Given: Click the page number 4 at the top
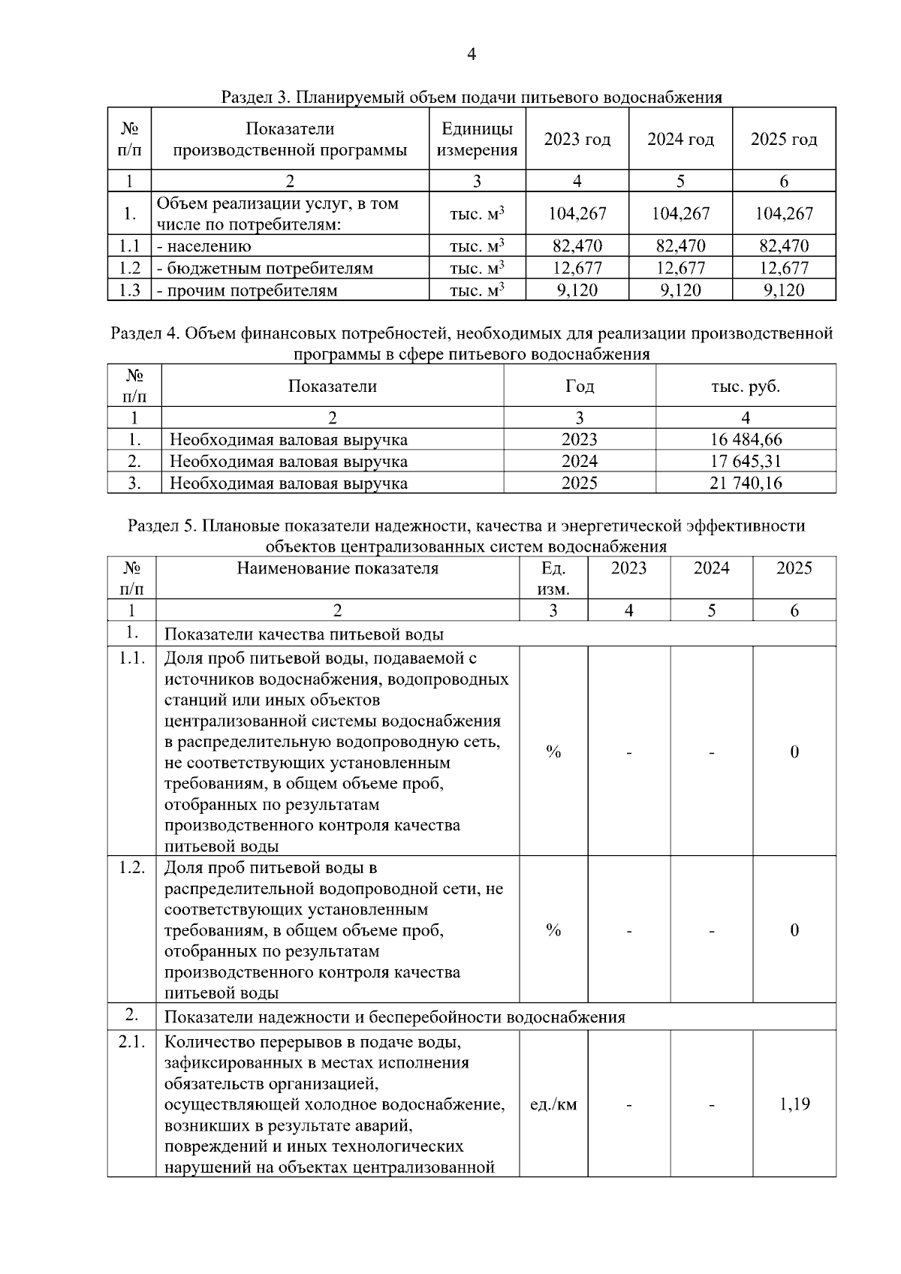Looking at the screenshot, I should [471, 54].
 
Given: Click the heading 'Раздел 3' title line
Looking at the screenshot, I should [471, 97].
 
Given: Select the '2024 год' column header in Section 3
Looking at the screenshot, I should [680, 140].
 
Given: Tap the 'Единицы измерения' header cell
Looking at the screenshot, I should [477, 140].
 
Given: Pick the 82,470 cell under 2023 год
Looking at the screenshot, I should [577, 245].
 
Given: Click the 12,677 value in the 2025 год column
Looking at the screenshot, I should [784, 268].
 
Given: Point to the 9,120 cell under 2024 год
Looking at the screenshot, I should [680, 291].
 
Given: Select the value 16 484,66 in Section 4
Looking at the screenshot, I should [746, 439].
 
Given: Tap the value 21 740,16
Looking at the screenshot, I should [746, 483].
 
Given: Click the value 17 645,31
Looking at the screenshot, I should [746, 461].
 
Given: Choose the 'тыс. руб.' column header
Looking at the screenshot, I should [746, 387].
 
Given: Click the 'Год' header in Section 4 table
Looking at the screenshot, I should [579, 387].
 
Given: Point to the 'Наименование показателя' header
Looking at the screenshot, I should [337, 568].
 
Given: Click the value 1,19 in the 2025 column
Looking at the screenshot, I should [794, 1104].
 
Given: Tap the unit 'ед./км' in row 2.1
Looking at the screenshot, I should [553, 1104].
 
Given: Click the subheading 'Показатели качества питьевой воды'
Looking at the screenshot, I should [303, 634].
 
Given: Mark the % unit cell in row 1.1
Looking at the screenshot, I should [553, 751].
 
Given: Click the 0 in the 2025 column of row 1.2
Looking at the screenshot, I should [794, 930].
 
